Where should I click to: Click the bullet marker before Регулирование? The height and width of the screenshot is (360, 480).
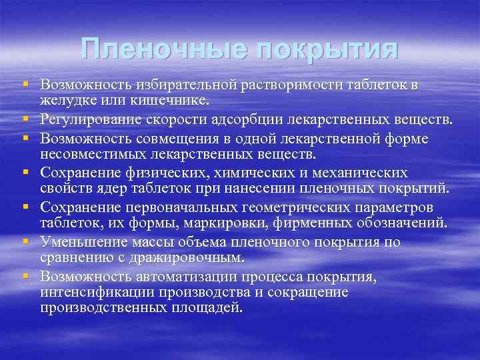[25, 119]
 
